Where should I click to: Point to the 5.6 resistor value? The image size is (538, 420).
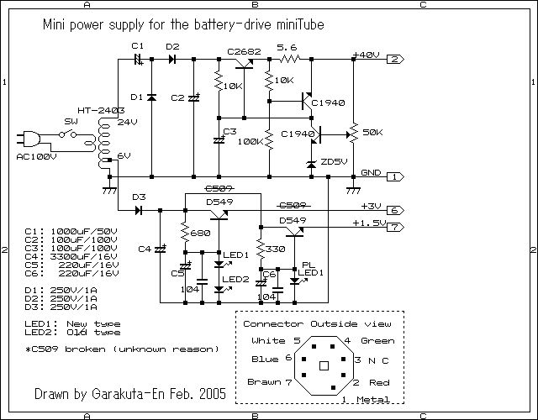287,48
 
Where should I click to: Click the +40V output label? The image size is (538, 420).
367,54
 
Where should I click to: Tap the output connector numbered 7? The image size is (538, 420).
397,227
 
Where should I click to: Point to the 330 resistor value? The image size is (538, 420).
275,249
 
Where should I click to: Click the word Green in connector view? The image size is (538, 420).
377,341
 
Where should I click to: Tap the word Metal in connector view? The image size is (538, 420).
374,399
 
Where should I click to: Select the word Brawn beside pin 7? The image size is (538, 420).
264,382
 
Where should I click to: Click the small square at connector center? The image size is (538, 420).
323,365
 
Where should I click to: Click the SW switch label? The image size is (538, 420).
71,121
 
